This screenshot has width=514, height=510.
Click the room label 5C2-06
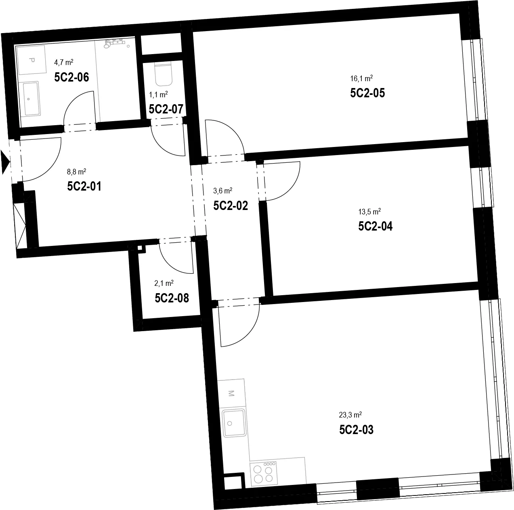click(71, 77)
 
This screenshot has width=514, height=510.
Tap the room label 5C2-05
click(367, 93)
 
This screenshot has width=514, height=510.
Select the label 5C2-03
click(356, 430)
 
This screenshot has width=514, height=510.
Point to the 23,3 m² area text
click(350, 415)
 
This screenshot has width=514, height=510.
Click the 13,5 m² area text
click(369, 212)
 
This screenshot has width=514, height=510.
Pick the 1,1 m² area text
click(158, 94)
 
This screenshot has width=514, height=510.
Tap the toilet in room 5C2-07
click(163, 74)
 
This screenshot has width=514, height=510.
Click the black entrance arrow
click(5, 162)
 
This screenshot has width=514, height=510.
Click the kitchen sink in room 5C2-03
click(234, 423)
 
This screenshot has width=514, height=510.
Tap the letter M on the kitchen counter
click(231, 393)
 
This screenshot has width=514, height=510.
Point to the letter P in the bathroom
click(32, 60)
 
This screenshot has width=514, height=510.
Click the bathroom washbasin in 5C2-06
click(31, 99)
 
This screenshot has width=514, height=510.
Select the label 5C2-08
click(172, 298)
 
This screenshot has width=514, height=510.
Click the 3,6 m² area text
click(223, 191)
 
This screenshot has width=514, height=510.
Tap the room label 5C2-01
click(84, 186)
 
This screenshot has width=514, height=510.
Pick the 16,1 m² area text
click(361, 78)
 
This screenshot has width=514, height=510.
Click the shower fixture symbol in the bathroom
click(114, 43)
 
